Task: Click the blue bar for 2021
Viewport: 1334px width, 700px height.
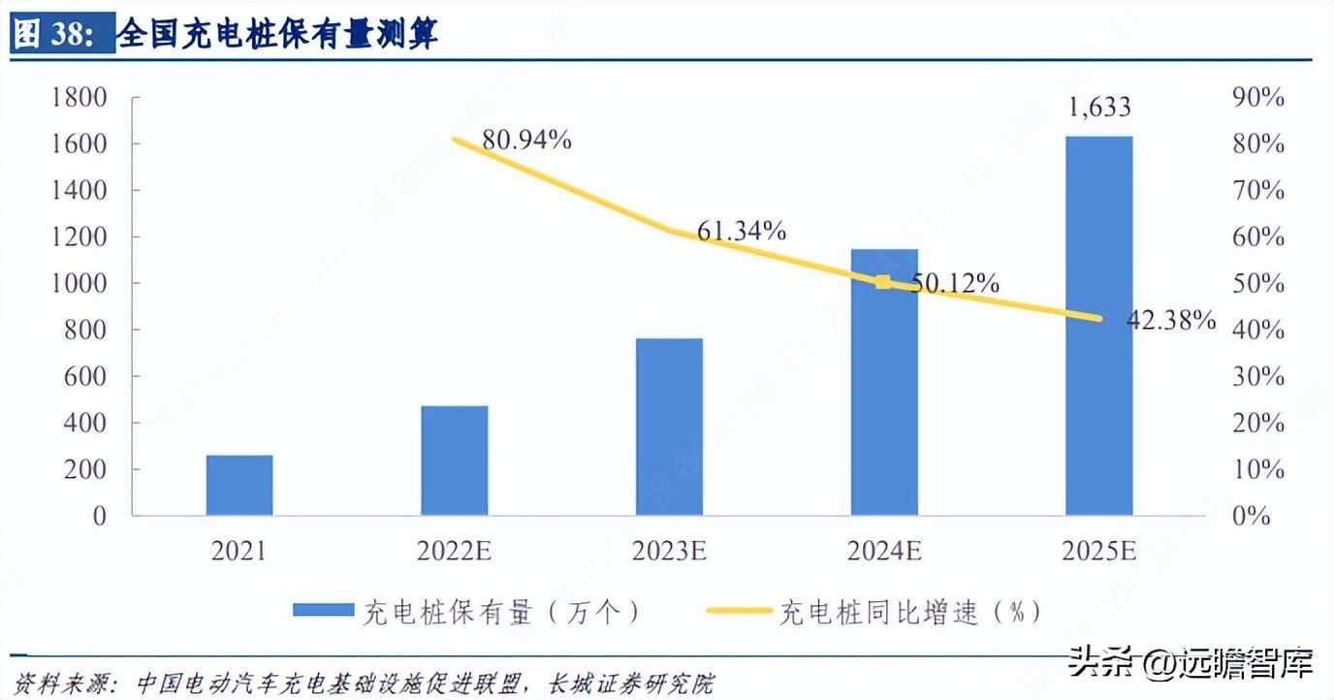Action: (x=239, y=485)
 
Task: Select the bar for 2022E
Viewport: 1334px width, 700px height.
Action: (x=455, y=461)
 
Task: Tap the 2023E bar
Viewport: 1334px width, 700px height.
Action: (x=669, y=427)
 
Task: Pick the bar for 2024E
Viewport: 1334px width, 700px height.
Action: (x=884, y=382)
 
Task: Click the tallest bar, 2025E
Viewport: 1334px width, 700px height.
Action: (x=1098, y=326)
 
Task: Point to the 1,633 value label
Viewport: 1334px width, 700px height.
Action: (x=1099, y=107)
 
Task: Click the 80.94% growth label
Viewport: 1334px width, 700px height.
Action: (x=527, y=141)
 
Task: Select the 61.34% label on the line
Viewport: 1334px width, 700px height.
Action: (x=742, y=231)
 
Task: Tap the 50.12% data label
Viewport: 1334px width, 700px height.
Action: (x=954, y=283)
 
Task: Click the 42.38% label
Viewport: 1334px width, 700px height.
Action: (x=1170, y=320)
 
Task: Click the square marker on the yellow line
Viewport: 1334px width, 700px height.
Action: (x=882, y=282)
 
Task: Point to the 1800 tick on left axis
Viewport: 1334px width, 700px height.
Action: (x=79, y=98)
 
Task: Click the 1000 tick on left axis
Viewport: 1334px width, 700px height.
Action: (x=79, y=284)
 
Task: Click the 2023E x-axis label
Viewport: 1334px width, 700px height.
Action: (x=669, y=552)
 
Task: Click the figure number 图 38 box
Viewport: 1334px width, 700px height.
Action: (x=56, y=35)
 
